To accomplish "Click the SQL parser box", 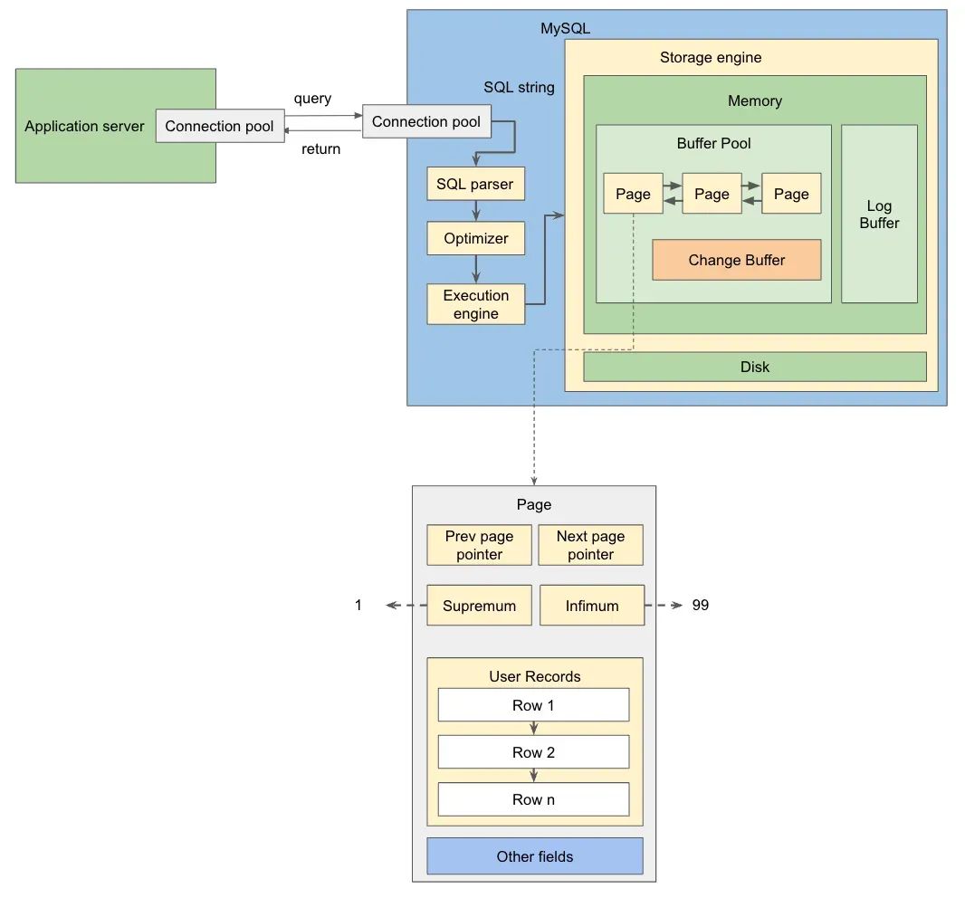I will [475, 184].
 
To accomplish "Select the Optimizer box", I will [475, 239].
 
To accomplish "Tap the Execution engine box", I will [475, 304].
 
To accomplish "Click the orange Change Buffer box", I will [736, 260].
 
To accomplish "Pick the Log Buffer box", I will [879, 214].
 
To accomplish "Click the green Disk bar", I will [754, 367].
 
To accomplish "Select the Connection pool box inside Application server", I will [219, 127].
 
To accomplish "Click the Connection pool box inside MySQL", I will [425, 122].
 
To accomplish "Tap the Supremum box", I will [479, 606].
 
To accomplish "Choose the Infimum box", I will [591, 606].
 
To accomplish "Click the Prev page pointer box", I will [479, 546].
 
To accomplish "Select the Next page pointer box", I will [590, 546].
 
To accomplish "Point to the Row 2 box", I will [533, 752].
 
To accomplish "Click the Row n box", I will [533, 799].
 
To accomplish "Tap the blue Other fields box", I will [534, 856].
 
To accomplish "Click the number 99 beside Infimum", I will [700, 606].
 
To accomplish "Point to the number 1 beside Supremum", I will [358, 606].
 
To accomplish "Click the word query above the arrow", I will [312, 99].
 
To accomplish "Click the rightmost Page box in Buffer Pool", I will [791, 194].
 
